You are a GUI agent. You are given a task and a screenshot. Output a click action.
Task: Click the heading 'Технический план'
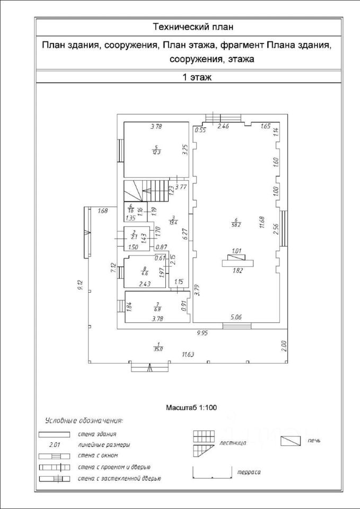click(x=193, y=26)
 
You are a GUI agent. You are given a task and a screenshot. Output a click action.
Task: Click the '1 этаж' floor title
click(x=197, y=77)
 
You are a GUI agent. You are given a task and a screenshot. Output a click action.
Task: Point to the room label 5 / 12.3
click(x=155, y=150)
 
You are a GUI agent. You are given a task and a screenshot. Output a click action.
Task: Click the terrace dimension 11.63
click(x=187, y=354)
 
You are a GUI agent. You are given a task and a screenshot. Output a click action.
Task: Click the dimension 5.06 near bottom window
click(x=236, y=317)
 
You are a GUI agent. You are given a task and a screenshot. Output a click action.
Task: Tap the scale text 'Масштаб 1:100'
click(x=192, y=408)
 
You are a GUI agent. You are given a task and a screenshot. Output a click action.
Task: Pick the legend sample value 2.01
click(x=55, y=445)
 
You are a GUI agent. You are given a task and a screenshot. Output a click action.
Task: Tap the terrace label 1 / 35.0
click(x=158, y=347)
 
